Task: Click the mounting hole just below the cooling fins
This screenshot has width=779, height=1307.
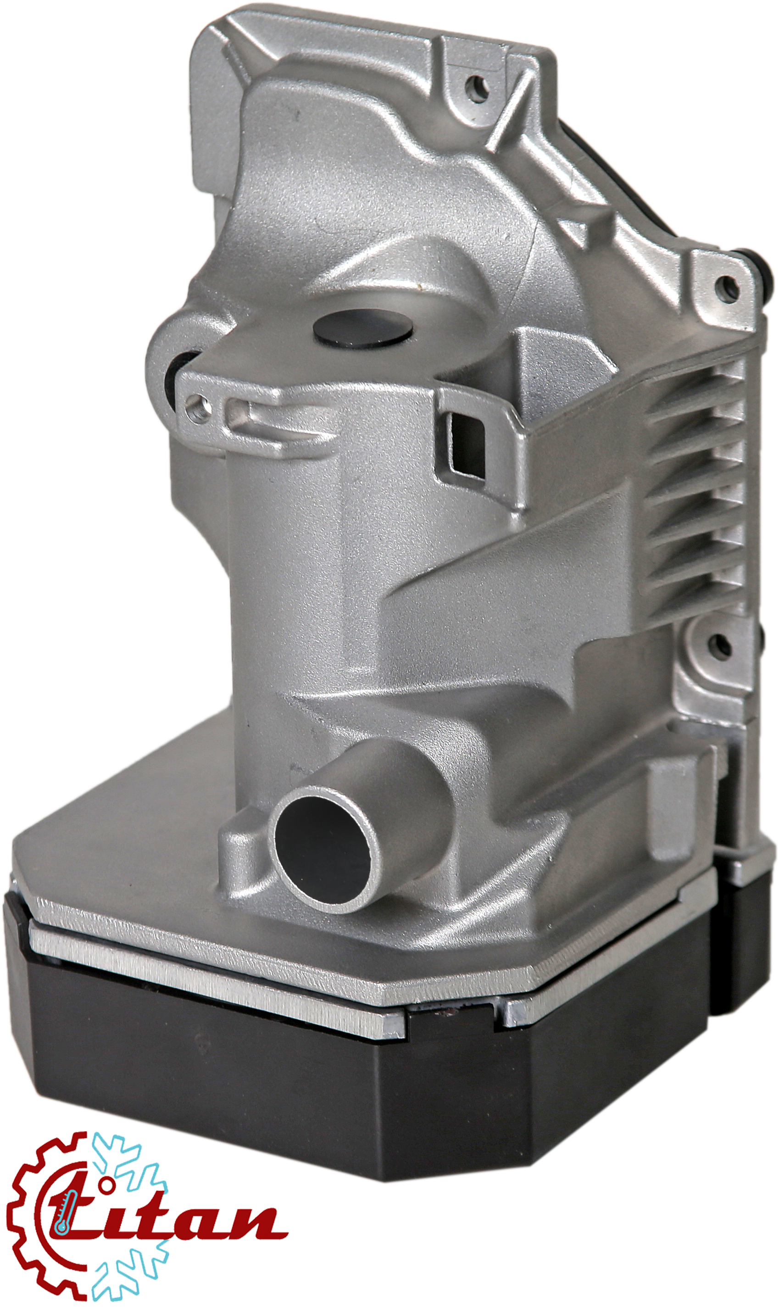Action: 714,642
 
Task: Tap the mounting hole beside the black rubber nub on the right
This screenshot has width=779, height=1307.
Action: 728,287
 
